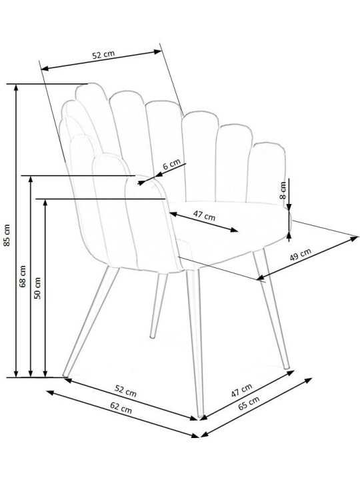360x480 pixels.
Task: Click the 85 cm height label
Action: pyautogui.click(x=7, y=235)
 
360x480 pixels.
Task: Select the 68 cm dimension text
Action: pyautogui.click(x=23, y=276)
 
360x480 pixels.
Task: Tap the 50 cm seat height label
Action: pyautogui.click(x=37, y=288)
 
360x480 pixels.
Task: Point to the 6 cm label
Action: pyautogui.click(x=171, y=165)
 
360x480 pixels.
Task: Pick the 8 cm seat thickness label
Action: pyautogui.click(x=283, y=190)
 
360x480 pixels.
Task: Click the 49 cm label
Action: pyautogui.click(x=300, y=254)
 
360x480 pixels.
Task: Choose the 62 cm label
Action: pyautogui.click(x=121, y=408)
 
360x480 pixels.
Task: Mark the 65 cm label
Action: pyautogui.click(x=249, y=403)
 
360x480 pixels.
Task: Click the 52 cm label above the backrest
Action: pyautogui.click(x=103, y=55)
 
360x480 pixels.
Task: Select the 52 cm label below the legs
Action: pyautogui.click(x=125, y=391)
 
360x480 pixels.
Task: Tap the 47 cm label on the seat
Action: pyautogui.click(x=204, y=215)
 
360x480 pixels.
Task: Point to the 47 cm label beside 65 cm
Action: pyautogui.click(x=241, y=390)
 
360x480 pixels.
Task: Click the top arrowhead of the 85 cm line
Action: pyautogui.click(x=16, y=87)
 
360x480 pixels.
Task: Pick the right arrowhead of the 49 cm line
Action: pyautogui.click(x=355, y=238)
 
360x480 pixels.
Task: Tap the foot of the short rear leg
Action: pyautogui.click(x=152, y=337)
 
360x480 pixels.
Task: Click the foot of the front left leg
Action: pyautogui.click(x=65, y=375)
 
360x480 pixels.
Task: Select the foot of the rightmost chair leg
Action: pyautogui.click(x=287, y=367)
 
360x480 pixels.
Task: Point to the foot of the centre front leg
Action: pyautogui.click(x=201, y=416)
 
